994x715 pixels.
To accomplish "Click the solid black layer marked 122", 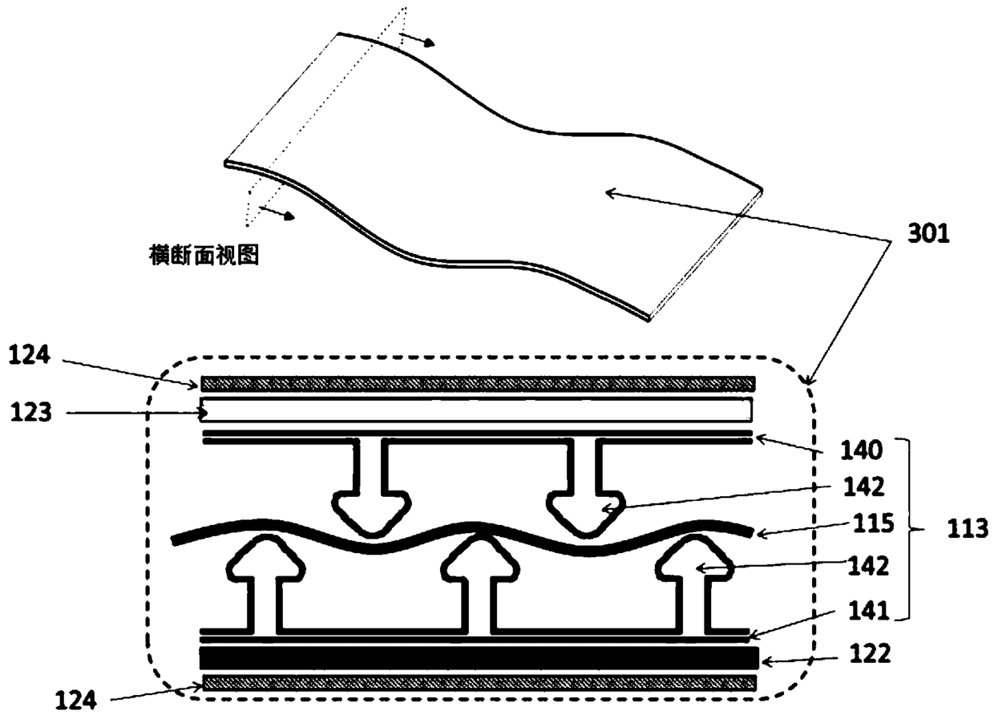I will coord(479,659).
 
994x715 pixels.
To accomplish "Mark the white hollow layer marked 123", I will coord(479,410).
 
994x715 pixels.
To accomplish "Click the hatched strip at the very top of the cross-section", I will coord(479,383).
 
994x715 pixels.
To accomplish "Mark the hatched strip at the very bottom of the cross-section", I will coord(479,682).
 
